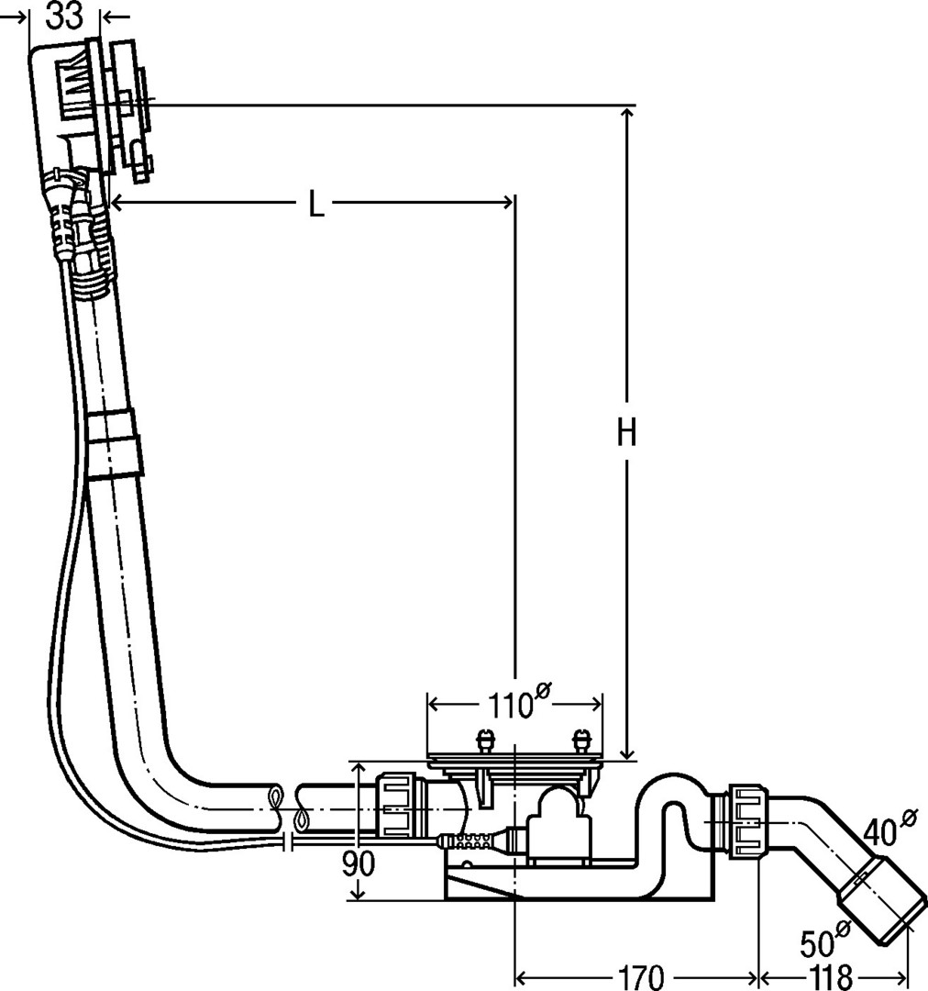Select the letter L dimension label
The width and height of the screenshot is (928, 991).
pyautogui.click(x=315, y=204)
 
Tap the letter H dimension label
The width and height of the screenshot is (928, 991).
pyautogui.click(x=626, y=433)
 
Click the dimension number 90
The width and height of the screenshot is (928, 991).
pyautogui.click(x=359, y=863)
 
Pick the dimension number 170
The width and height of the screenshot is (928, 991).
pyautogui.click(x=639, y=976)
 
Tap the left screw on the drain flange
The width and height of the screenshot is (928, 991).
pyautogui.click(x=484, y=740)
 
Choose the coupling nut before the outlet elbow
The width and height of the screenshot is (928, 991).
pyautogui.click(x=749, y=820)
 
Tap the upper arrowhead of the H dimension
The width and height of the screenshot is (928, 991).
pyautogui.click(x=626, y=114)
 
